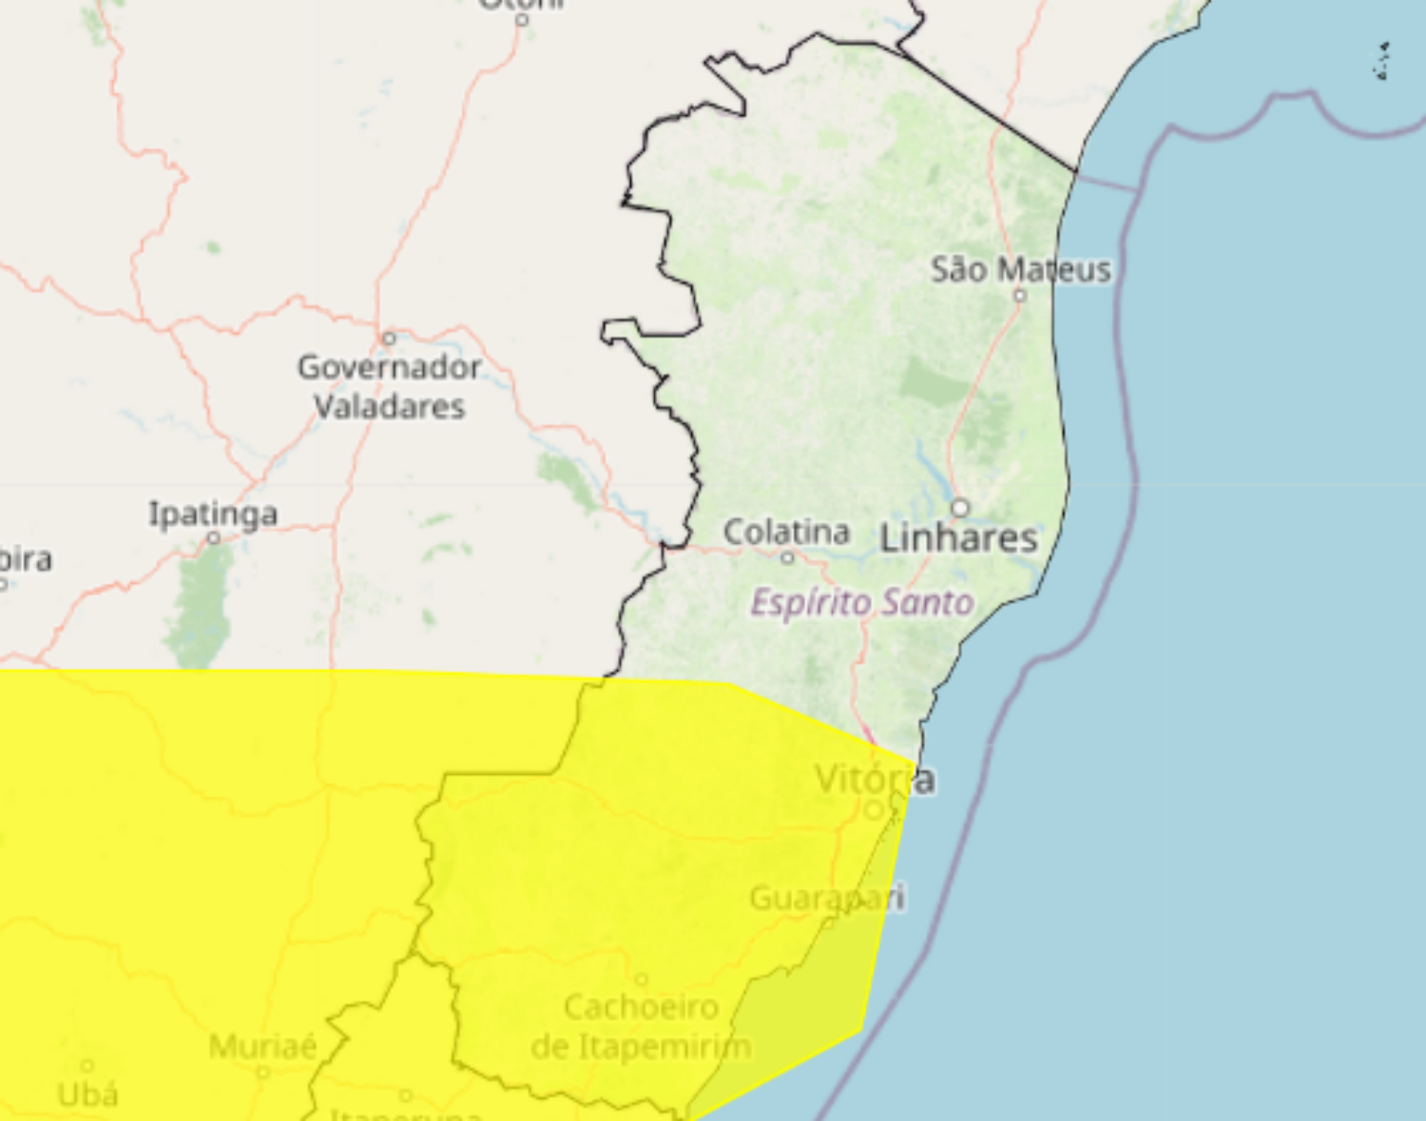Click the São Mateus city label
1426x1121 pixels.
pyautogui.click(x=1020, y=270)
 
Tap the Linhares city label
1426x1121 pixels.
pyautogui.click(x=958, y=538)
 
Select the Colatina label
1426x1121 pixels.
pyautogui.click(x=786, y=532)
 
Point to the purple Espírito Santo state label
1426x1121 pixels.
pyautogui.click(x=862, y=603)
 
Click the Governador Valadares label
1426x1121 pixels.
pyautogui.click(x=390, y=387)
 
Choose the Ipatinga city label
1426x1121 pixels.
pyautogui.click(x=213, y=514)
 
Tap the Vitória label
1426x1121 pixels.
pyautogui.click(x=875, y=780)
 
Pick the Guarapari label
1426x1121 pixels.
pyautogui.click(x=827, y=898)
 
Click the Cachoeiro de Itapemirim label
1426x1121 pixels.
pyautogui.click(x=642, y=1027)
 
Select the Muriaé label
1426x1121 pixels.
pyautogui.click(x=262, y=1047)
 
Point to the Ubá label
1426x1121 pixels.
pyautogui.click(x=87, y=1095)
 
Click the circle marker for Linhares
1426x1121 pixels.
pyautogui.click(x=961, y=507)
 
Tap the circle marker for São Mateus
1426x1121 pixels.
pyautogui.click(x=1020, y=296)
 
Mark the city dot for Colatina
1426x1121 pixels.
pyautogui.click(x=787, y=557)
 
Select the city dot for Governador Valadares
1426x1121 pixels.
pyautogui.click(x=388, y=338)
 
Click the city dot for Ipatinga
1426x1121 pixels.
pyautogui.click(x=214, y=538)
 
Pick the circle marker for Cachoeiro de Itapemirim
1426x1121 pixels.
pyautogui.click(x=642, y=979)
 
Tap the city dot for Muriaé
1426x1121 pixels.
pyautogui.click(x=263, y=1073)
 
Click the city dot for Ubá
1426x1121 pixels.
pyautogui.click(x=87, y=1066)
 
